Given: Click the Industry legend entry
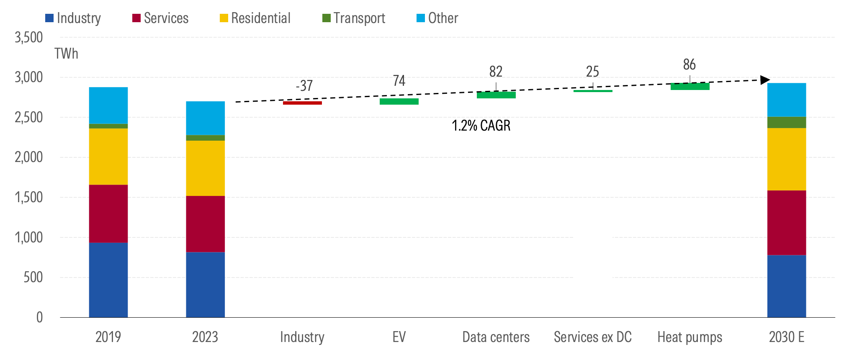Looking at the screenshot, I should tap(73, 18).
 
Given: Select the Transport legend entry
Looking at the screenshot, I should tap(354, 18).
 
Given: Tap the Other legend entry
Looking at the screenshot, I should tap(438, 18).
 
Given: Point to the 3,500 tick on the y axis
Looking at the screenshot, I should tap(29, 38).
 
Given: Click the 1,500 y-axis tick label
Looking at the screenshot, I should tap(29, 198).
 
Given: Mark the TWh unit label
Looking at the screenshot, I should tap(66, 54).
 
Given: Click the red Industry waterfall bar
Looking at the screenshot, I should tap(302, 103).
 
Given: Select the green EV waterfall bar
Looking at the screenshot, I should tap(399, 102).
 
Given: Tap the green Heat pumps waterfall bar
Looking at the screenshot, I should tap(690, 87).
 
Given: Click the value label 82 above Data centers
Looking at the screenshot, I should tap(496, 72).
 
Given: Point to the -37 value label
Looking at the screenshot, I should tap(304, 86).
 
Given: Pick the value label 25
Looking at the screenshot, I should tap(592, 72).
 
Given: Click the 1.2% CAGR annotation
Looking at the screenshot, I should tap(481, 126).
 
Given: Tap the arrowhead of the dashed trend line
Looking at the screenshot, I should tap(765, 80).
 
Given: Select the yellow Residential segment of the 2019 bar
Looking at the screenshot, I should tap(108, 157).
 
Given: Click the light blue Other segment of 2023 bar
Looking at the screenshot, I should tap(205, 118).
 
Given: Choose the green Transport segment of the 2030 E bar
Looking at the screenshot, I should tap(786, 122).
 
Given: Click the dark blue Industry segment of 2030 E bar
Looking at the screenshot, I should tap(786, 286).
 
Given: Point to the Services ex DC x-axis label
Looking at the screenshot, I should tap(592, 337).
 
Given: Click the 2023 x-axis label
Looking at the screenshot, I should tap(205, 337).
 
